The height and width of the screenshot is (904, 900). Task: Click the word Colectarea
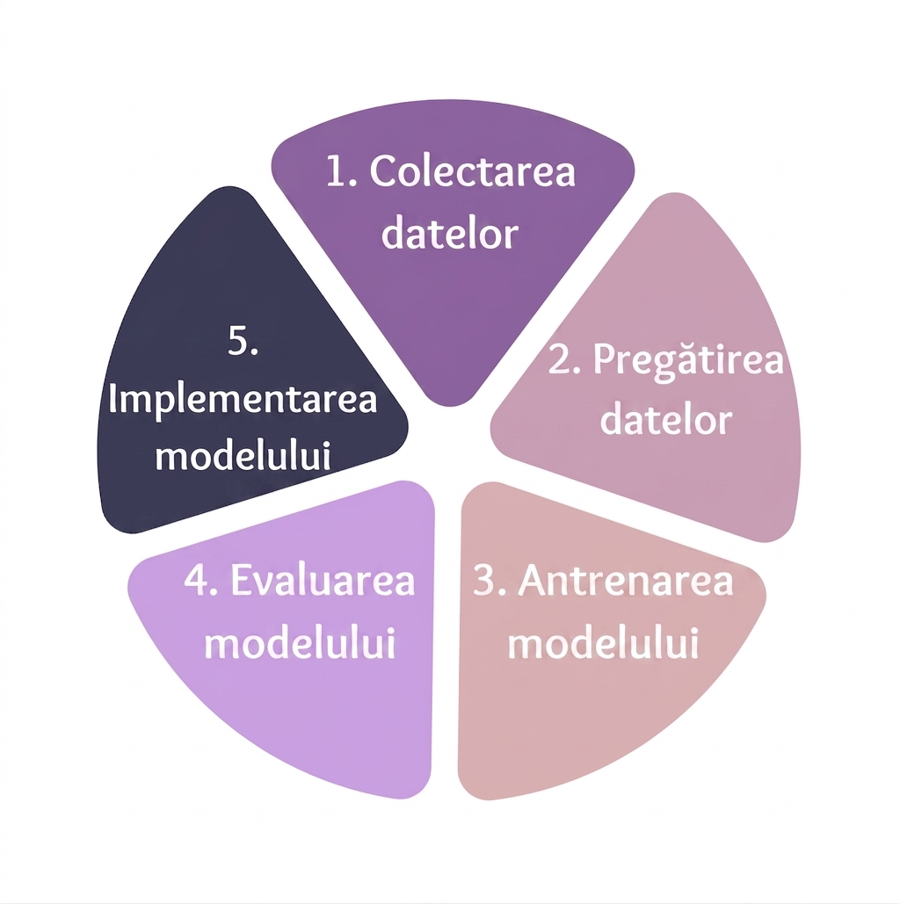[473, 171]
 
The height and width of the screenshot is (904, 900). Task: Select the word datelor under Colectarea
[450, 234]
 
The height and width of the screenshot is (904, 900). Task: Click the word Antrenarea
[626, 580]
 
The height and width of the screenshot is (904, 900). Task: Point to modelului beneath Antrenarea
[604, 642]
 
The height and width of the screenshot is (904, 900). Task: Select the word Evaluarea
[323, 580]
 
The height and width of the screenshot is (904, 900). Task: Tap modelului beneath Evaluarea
[300, 642]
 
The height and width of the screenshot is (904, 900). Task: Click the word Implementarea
[243, 399]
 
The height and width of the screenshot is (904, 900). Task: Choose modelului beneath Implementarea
[243, 455]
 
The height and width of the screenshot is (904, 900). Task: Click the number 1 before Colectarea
[337, 171]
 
